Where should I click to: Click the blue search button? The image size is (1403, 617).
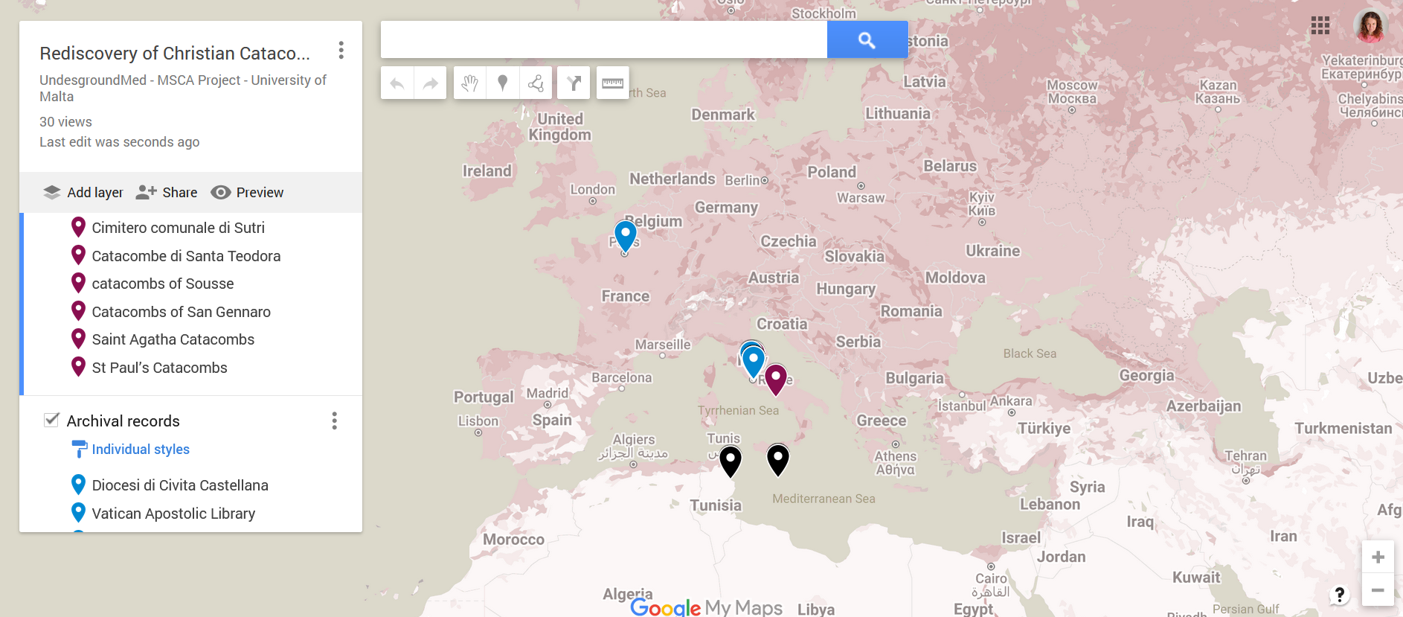tap(867, 39)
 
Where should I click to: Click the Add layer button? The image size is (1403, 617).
tap(83, 192)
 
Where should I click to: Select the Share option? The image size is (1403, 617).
tap(167, 192)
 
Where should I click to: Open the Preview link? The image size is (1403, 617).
tap(247, 192)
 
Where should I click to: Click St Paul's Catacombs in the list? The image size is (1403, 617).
tap(159, 368)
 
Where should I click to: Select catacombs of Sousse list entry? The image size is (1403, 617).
tap(162, 284)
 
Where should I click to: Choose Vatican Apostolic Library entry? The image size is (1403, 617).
tap(173, 514)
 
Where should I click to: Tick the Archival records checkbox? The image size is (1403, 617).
tap(51, 421)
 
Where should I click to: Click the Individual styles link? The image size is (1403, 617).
tap(140, 450)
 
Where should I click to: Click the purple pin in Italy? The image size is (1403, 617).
tap(776, 378)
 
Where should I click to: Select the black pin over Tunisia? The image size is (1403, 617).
tap(731, 461)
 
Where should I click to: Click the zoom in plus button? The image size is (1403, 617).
tap(1378, 557)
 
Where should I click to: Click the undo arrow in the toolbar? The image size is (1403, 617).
tap(397, 83)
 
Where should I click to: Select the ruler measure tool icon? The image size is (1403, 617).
tap(612, 83)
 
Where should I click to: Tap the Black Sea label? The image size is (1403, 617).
tap(1029, 354)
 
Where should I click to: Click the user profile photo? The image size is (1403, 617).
tap(1370, 26)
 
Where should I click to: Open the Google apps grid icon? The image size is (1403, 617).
tap(1320, 26)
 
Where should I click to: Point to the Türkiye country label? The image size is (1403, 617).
tap(1044, 429)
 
